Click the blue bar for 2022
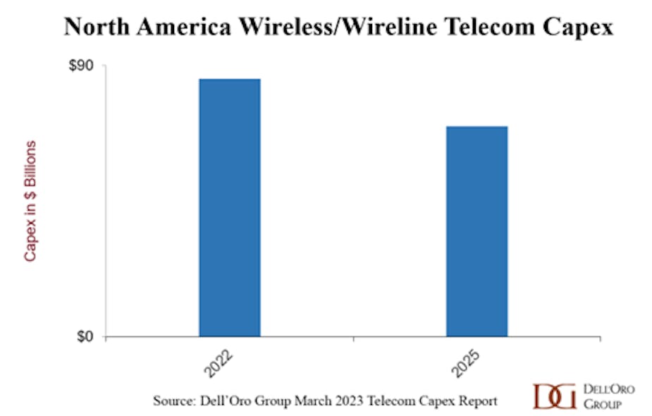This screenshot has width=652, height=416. point(230,207)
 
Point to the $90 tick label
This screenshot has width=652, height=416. point(83,66)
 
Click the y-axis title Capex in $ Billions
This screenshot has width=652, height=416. point(30,201)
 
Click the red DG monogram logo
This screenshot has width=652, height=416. point(555,396)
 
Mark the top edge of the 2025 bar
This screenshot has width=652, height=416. point(476,127)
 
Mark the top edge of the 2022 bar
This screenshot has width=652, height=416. point(230,79)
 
